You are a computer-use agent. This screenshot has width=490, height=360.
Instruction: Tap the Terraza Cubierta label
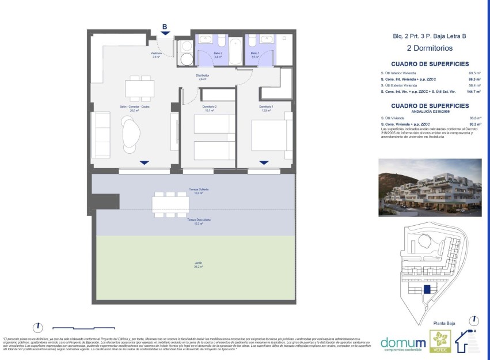[198, 191]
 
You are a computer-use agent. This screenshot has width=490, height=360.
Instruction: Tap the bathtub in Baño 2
[237, 52]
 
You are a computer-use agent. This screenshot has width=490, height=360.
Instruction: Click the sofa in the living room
[101, 134]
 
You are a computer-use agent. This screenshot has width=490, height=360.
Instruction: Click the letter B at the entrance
[165, 26]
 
